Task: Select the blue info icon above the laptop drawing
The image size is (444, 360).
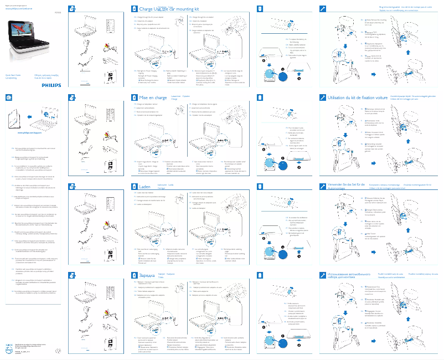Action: point(9,97)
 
